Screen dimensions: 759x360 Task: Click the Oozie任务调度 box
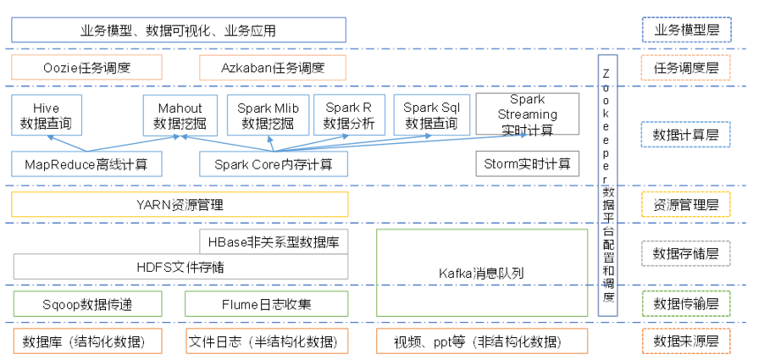tap(86, 68)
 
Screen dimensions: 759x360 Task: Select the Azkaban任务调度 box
tap(273, 68)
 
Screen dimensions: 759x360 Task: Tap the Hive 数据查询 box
tap(46, 115)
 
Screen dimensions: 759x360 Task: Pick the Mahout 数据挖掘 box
tap(180, 115)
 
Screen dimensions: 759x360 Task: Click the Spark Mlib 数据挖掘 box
tap(268, 115)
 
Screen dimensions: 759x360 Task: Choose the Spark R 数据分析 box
tap(348, 115)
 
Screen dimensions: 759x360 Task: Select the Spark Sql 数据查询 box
tap(431, 115)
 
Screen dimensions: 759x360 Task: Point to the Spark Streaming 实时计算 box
tap(527, 114)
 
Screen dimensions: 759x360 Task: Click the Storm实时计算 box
tap(527, 164)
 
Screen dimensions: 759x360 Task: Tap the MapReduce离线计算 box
tap(86, 164)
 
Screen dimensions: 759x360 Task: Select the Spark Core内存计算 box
tap(274, 164)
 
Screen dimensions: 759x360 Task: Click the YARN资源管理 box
tap(180, 204)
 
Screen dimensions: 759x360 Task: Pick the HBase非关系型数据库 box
tap(274, 241)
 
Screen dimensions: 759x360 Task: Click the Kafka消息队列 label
tap(481, 274)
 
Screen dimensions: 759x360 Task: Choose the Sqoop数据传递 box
tap(86, 304)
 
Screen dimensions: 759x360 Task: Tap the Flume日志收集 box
tap(266, 304)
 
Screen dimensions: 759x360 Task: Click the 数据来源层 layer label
tap(686, 341)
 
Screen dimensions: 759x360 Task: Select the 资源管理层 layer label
tap(686, 204)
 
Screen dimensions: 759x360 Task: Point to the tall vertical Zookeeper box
tap(607, 186)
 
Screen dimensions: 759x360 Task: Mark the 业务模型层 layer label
tap(687, 30)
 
